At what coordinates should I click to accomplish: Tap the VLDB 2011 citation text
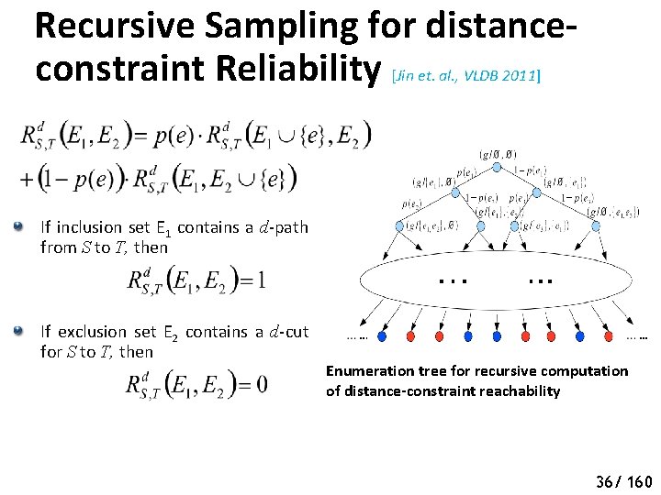coord(502,76)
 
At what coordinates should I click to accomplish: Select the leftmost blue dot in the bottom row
coord(381,336)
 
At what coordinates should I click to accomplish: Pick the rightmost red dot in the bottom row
coord(585,336)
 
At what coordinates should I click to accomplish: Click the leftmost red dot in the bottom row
coord(410,336)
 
